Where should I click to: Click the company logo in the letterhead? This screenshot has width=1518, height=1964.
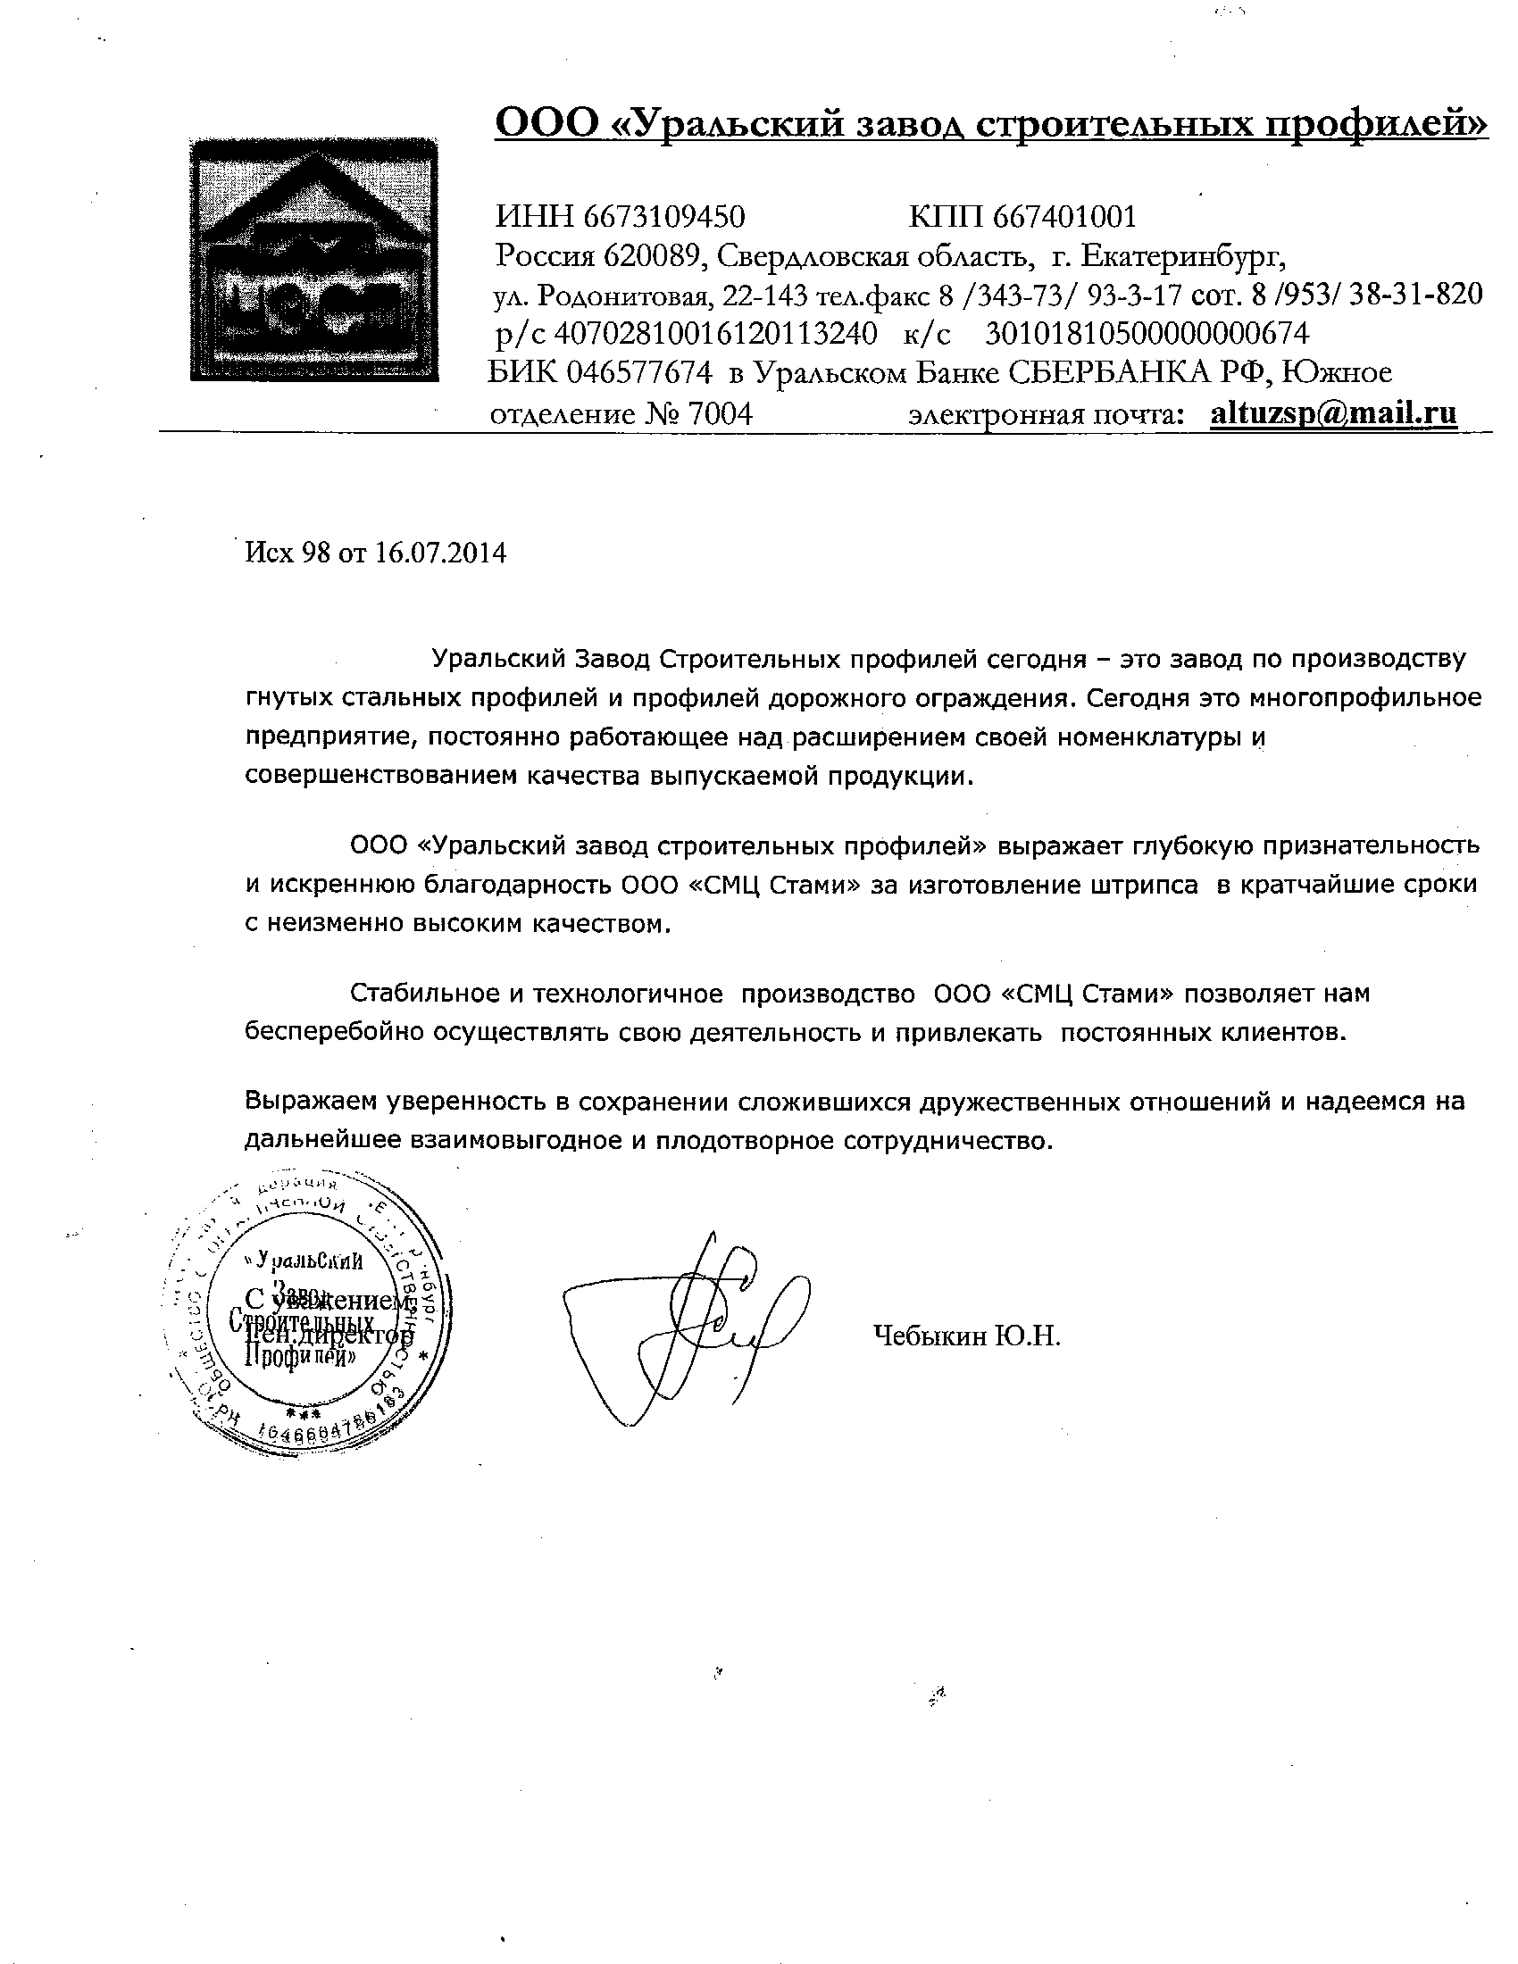(313, 261)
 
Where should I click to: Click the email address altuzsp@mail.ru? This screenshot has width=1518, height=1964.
(1334, 412)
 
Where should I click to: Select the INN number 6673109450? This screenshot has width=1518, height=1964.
(663, 217)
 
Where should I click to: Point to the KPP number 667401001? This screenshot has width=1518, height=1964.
(1064, 217)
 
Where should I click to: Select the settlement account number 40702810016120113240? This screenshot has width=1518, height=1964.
(715, 334)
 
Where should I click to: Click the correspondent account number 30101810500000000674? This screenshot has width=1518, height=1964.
(1147, 334)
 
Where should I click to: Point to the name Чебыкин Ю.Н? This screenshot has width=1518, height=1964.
(967, 1336)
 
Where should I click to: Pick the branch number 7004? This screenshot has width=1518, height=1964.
(719, 413)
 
